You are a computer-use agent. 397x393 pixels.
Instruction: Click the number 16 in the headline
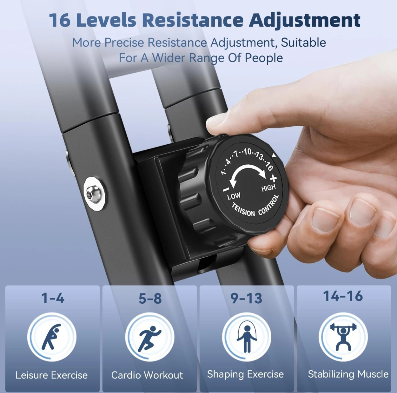(60, 20)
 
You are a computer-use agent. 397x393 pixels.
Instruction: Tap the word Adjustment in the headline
(305, 21)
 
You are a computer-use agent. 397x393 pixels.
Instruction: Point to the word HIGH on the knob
(269, 188)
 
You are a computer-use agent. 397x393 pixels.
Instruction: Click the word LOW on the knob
(234, 196)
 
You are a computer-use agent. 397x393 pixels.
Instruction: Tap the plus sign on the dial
(273, 178)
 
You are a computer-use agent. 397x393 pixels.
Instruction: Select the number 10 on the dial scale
(247, 152)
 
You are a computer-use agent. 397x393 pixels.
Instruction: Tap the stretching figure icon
(52, 337)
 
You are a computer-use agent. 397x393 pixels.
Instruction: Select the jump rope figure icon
(247, 338)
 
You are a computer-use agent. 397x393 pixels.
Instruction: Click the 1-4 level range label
(53, 298)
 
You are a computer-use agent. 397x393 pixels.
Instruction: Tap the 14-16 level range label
(343, 296)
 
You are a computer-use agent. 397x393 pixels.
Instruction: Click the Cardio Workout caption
(147, 375)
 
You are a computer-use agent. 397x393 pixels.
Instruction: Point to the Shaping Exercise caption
(245, 375)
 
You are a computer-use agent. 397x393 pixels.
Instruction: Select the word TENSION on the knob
(243, 210)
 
